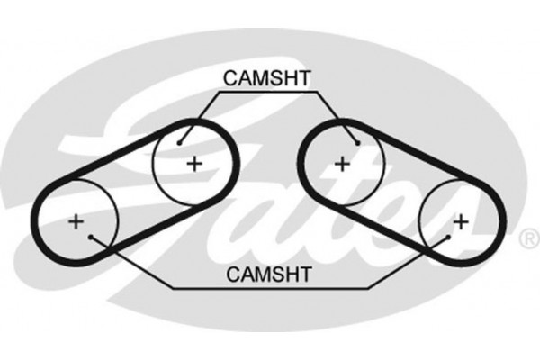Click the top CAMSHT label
coord(267,79)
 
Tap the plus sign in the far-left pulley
coord(76,220)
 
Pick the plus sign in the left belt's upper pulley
coord(193,163)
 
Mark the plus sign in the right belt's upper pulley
coord(341,163)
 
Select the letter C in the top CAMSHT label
coord(230,79)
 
